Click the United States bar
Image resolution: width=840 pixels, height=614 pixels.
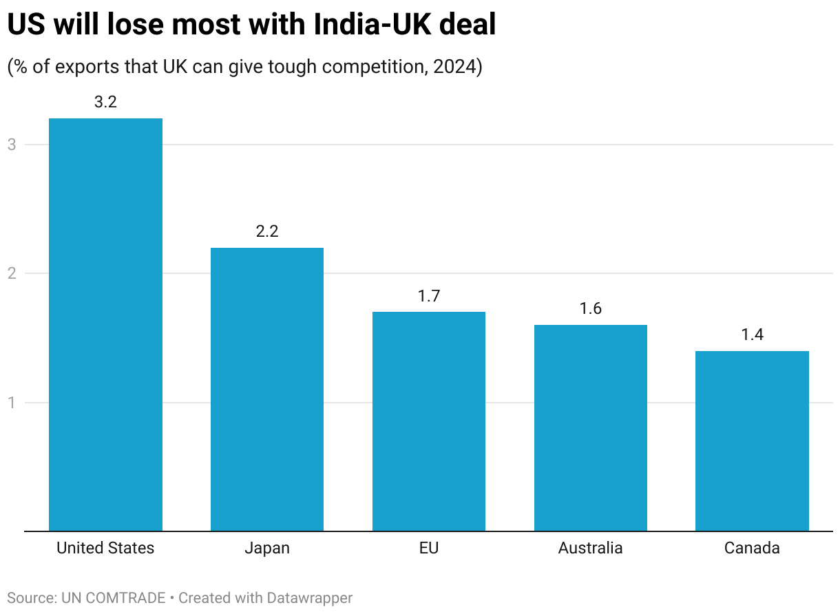(x=105, y=324)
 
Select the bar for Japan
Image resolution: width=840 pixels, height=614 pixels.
(x=267, y=389)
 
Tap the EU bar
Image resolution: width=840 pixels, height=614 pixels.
(x=429, y=421)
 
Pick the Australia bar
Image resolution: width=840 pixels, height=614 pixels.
(x=591, y=427)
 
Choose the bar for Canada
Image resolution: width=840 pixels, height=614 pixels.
(x=752, y=441)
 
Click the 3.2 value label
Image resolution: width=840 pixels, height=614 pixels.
(x=105, y=103)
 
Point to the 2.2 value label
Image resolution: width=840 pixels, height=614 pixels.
(x=267, y=231)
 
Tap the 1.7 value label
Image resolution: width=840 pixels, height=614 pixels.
(x=429, y=296)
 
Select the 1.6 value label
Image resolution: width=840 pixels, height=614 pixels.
(x=591, y=308)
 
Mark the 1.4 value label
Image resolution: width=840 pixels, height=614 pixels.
(x=752, y=335)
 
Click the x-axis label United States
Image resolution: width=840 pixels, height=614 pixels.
(x=105, y=548)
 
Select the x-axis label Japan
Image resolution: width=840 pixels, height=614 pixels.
(x=267, y=548)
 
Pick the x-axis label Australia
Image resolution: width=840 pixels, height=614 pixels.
(x=591, y=548)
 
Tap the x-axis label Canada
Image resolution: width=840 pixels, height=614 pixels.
(x=752, y=548)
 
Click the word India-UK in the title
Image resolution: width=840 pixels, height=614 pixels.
(x=371, y=25)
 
